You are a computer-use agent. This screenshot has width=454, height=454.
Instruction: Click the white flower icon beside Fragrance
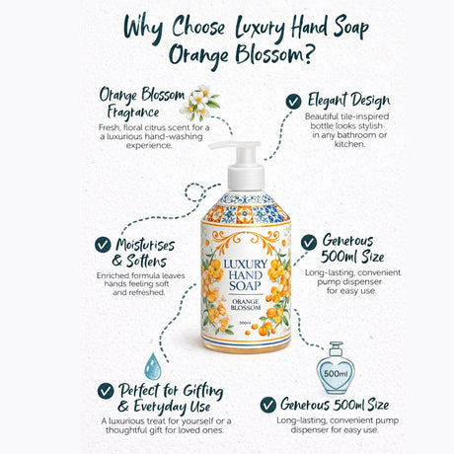(x=201, y=102)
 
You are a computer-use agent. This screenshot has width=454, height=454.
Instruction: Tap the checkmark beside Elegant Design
(x=293, y=101)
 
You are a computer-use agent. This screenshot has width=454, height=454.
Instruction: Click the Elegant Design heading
(x=348, y=101)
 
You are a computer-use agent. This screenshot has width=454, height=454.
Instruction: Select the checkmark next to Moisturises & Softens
(x=102, y=244)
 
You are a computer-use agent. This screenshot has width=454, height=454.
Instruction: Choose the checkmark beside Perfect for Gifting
(x=106, y=392)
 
